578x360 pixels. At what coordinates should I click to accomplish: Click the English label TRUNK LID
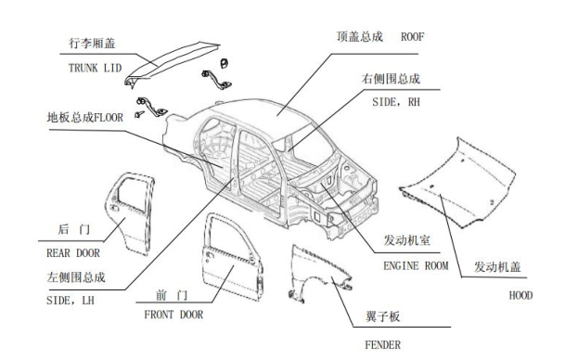tap(95, 68)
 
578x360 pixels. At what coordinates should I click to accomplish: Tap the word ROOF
tap(413, 37)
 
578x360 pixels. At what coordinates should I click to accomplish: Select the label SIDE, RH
tap(396, 102)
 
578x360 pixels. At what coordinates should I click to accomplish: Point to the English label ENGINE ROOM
tap(416, 265)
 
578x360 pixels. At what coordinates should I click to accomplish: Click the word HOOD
tap(520, 295)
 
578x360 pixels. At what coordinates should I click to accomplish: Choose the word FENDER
tap(382, 345)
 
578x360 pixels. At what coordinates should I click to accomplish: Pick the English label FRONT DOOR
tap(173, 315)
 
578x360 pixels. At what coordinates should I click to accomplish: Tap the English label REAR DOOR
tap(73, 253)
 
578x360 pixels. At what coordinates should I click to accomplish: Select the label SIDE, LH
tap(71, 301)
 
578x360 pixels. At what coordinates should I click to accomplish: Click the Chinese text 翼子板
tap(382, 316)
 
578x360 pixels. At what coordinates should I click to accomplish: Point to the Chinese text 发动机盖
tap(497, 267)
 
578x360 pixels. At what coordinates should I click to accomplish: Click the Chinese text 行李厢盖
tap(92, 44)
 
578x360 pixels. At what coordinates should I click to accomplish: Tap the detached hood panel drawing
tap(457, 183)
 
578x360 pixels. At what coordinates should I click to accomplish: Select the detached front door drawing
tap(232, 257)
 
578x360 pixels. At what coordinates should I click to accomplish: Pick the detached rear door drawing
tap(130, 213)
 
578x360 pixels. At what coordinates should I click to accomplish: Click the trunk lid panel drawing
tap(172, 63)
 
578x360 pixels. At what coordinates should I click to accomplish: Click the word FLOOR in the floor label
tap(109, 118)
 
